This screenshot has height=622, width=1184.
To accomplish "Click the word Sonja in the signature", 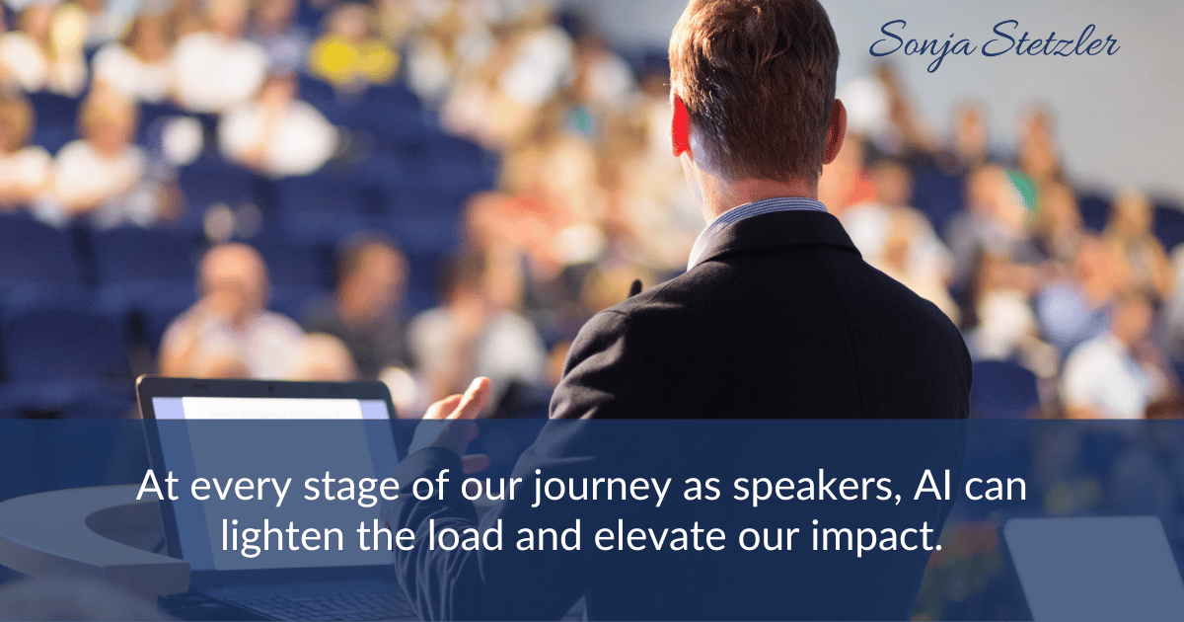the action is pyautogui.click(x=922, y=43).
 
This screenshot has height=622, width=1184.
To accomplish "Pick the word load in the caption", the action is pyautogui.click(x=465, y=535).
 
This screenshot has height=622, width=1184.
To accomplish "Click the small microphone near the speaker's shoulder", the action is pyautogui.click(x=634, y=288).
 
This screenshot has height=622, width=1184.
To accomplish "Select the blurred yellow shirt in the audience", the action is pyautogui.click(x=353, y=59).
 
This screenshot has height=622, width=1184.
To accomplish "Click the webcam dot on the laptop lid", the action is pyautogui.click(x=271, y=389).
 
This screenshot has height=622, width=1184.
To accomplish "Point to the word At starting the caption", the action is pyautogui.click(x=158, y=485).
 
